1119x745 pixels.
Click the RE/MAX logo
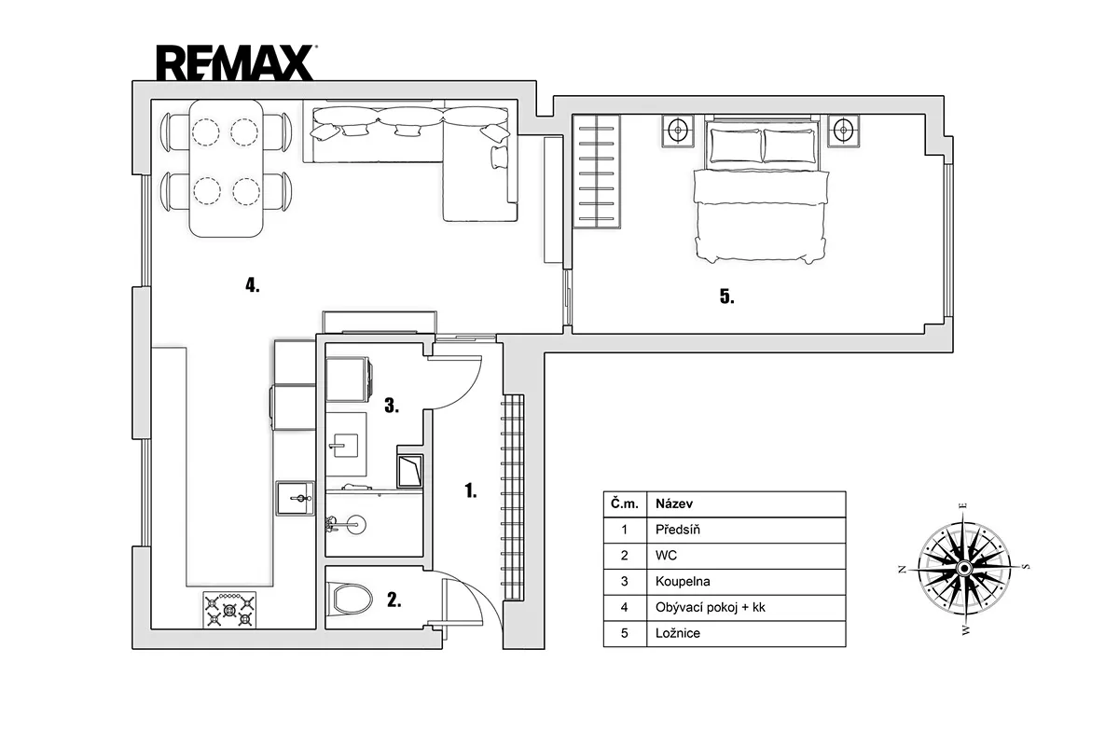(x=235, y=63)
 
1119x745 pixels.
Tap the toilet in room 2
(x=352, y=598)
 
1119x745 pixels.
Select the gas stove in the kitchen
(x=229, y=610)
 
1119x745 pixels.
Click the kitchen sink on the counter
(x=296, y=498)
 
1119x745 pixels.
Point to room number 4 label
(x=253, y=285)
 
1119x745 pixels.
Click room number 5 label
(x=726, y=297)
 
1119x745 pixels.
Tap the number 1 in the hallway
(x=471, y=490)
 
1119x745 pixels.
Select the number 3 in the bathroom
(x=392, y=406)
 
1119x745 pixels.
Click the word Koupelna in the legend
(x=683, y=581)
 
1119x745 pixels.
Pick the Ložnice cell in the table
(x=678, y=633)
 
